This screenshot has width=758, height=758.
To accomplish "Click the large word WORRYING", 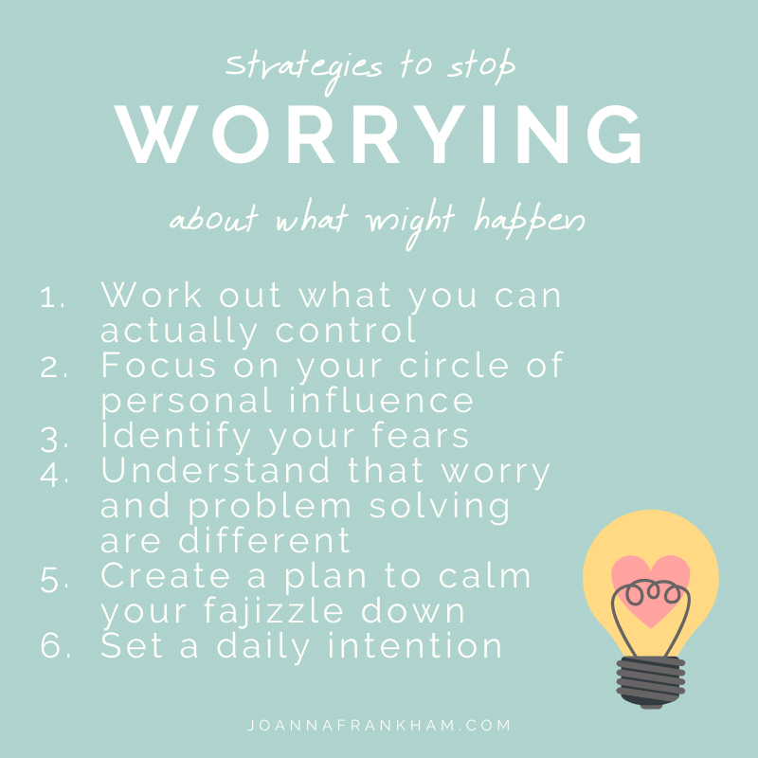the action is pos(378,134).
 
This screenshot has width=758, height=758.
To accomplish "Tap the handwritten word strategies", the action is pos(303,70).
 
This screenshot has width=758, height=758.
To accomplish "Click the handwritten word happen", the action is pos(529,219).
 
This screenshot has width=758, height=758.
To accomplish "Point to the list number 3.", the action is pos(55,440).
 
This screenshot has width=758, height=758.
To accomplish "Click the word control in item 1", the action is pos(346,330).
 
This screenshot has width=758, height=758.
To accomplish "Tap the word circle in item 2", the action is pos(454,365).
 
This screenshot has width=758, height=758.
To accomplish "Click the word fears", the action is pos(420,435).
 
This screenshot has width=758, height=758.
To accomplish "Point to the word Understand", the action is pos(215,470).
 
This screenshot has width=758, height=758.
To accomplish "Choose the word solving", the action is pos(440,508).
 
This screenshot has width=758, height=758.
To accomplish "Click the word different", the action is pos(264,539).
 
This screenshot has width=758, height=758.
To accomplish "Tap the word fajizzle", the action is pos(273,611).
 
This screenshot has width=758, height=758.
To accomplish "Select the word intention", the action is pos(414,645).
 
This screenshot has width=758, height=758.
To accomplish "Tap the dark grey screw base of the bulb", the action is pos(651,681).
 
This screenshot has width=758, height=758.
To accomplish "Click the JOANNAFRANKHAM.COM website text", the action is pos(378,725).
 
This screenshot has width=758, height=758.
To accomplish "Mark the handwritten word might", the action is pos(410,223).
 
